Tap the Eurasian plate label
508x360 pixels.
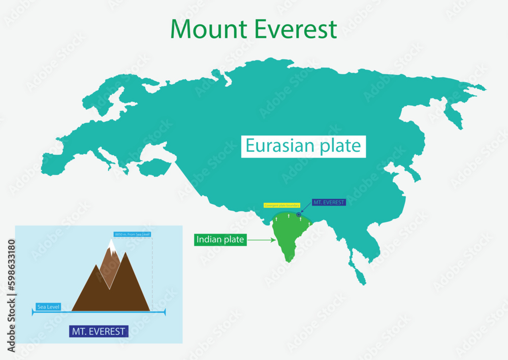303,146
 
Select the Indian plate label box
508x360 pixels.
220,239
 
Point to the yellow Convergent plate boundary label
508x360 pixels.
282,205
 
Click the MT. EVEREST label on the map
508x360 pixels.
329,202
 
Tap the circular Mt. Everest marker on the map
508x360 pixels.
299,215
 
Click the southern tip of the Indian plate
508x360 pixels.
288,261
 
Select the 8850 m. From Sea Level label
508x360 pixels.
133,234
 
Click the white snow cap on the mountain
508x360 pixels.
111,247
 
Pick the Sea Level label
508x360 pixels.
48,307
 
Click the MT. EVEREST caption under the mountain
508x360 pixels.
99,332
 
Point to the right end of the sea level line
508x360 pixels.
165,312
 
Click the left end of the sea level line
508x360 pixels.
33,312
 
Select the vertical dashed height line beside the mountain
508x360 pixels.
152,274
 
